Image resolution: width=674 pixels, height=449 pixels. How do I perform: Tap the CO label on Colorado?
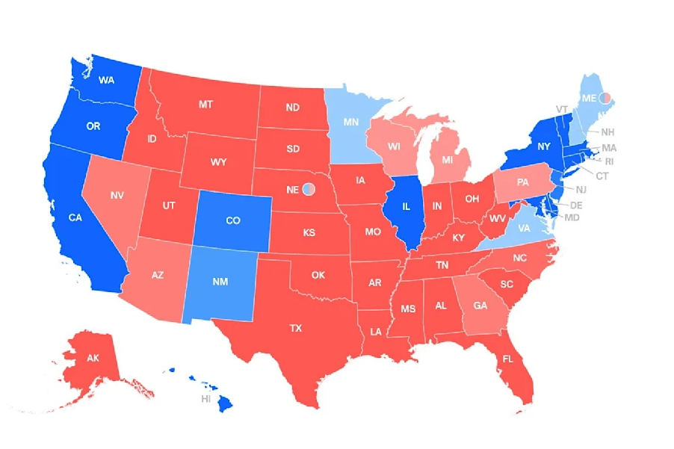233,220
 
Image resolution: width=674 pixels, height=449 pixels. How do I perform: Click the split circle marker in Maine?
607,98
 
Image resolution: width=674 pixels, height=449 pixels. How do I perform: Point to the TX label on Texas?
296,328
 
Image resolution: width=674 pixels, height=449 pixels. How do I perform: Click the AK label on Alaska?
93,359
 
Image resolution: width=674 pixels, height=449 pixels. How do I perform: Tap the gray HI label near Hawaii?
205,400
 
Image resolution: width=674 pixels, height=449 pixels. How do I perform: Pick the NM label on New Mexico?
221,283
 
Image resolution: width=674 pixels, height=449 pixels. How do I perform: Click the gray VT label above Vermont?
562,109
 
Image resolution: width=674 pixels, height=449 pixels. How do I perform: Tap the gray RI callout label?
609,161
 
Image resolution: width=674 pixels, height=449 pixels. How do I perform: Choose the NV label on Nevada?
117,195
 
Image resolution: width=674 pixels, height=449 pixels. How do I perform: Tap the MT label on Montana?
206,105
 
